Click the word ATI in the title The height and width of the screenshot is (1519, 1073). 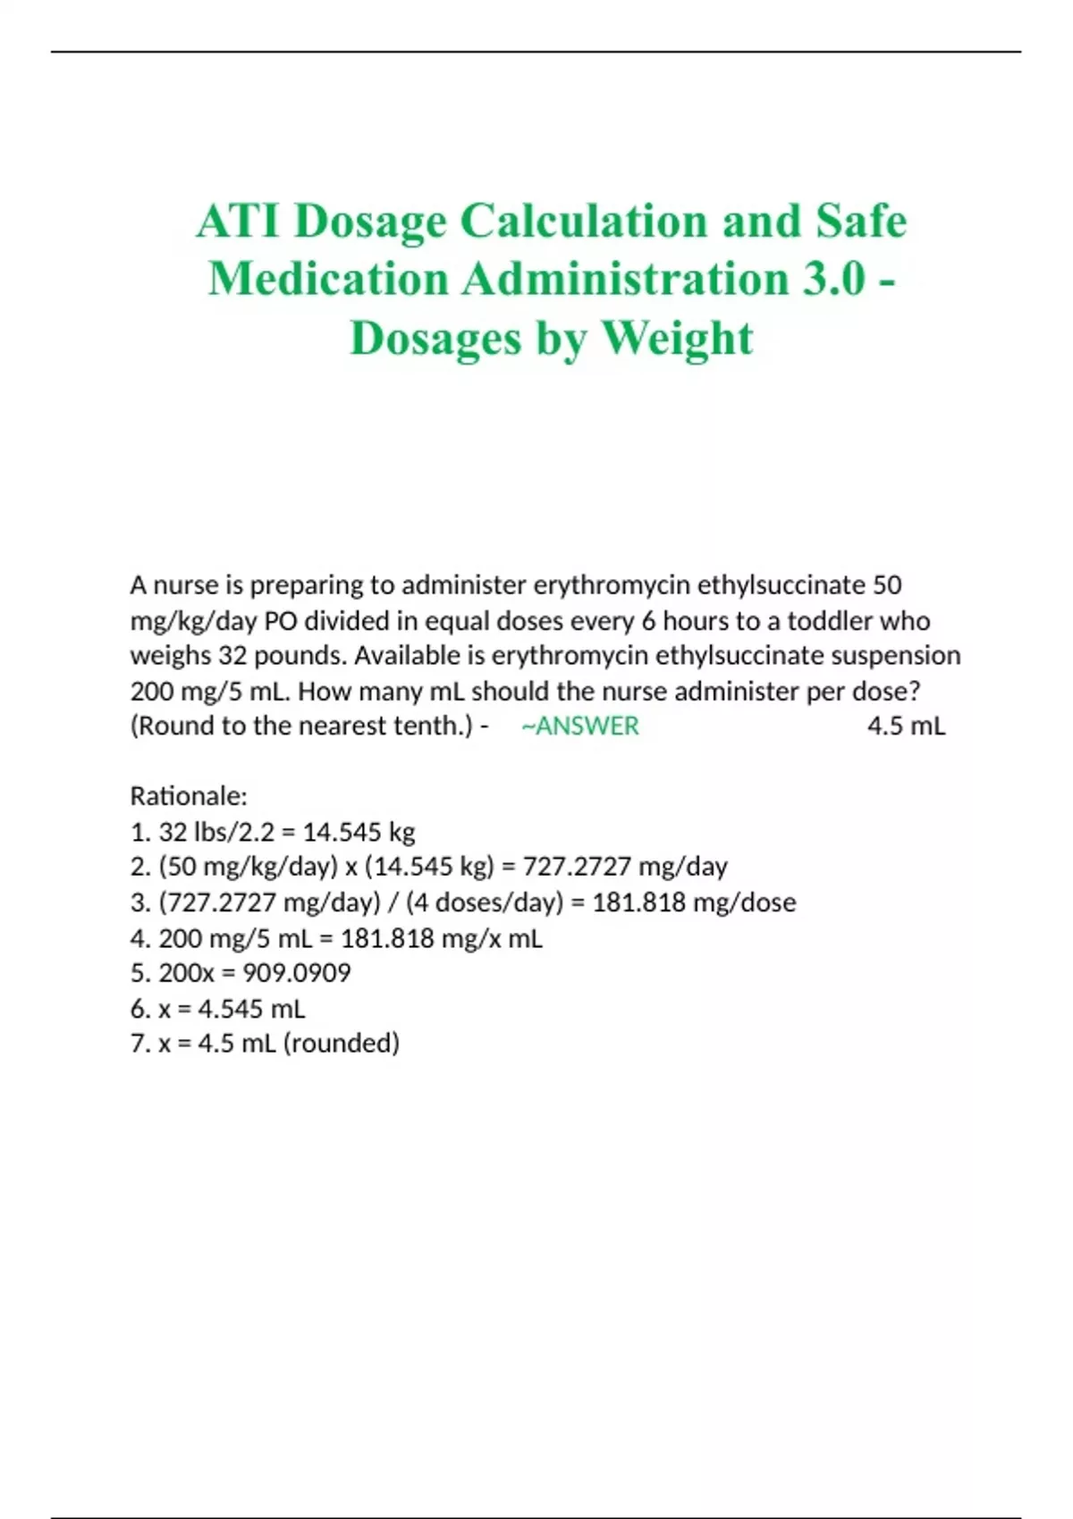pos(237,221)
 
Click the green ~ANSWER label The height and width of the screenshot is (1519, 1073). pos(580,726)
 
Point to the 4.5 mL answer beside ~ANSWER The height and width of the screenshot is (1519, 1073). pos(906,726)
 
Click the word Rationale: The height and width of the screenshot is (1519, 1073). pos(189,795)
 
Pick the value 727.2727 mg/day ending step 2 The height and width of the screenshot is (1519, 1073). pos(625,867)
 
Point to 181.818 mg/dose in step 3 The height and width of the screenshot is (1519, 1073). pos(694,902)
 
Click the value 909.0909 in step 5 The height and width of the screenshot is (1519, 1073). pos(297,972)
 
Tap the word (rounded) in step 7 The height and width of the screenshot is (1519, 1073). pos(341,1043)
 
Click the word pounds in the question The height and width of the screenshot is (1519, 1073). pos(300,656)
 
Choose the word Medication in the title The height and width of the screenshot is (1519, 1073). pos(327,279)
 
